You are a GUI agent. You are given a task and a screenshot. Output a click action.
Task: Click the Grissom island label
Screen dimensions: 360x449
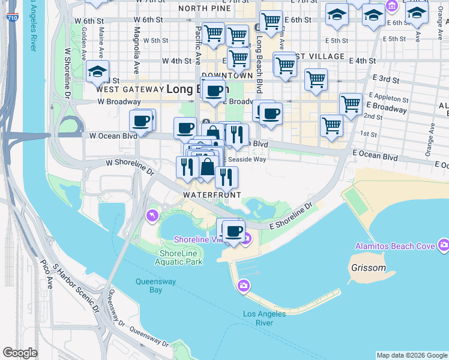369,268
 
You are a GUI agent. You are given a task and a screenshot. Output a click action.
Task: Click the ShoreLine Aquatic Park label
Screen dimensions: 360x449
178,257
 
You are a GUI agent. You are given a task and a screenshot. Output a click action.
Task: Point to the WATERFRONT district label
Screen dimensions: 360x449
212,195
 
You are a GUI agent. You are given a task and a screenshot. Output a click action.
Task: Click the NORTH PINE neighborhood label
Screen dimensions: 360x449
204,8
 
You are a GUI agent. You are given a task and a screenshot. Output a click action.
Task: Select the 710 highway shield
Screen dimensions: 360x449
12,19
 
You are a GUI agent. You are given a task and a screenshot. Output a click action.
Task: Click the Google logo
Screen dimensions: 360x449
20,352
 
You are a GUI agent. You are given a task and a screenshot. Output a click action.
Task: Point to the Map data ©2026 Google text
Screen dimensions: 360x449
412,355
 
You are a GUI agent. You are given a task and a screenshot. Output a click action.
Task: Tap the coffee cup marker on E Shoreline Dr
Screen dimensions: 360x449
234,231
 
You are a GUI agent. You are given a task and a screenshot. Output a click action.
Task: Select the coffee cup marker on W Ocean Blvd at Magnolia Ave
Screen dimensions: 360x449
142,121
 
